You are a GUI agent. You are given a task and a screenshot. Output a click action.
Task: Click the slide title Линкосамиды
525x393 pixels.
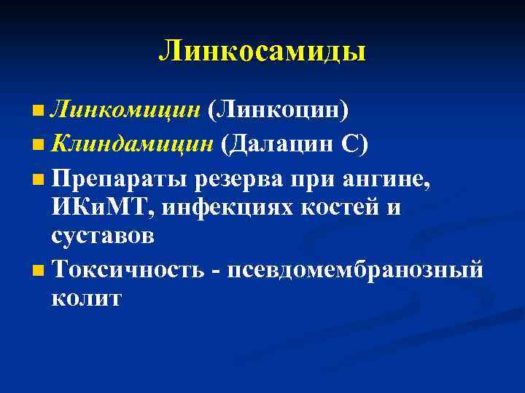pos(262,50)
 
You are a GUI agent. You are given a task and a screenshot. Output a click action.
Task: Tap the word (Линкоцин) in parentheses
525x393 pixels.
pos(278,110)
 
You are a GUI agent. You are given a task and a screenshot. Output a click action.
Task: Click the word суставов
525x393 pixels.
pos(102,237)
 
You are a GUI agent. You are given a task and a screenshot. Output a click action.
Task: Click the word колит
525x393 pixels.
pos(87,298)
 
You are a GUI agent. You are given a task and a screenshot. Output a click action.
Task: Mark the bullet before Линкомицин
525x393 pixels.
pos(38,111)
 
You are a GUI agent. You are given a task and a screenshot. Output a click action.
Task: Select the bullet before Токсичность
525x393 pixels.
pos(38,271)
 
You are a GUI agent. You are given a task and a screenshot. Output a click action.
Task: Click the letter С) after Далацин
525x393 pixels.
pos(354,143)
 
